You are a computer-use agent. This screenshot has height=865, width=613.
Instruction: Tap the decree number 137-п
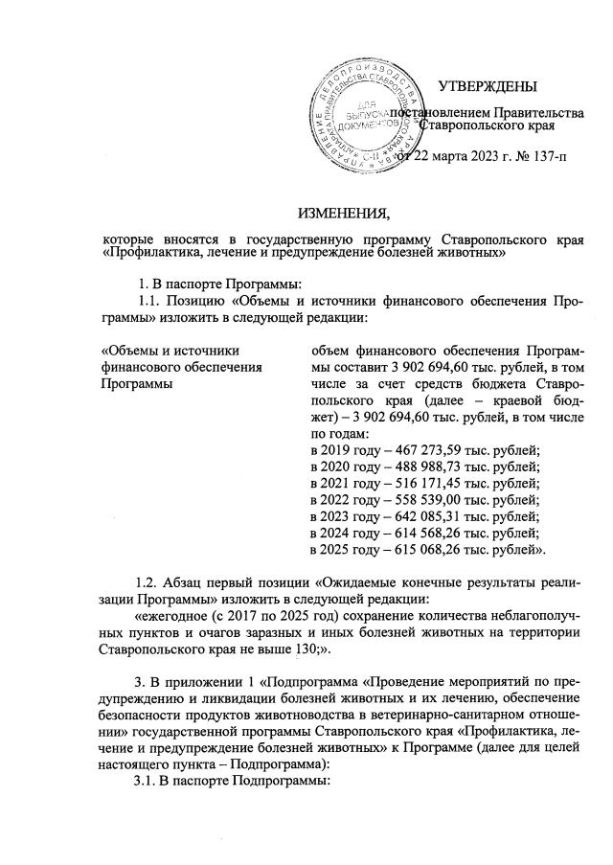[546, 157]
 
